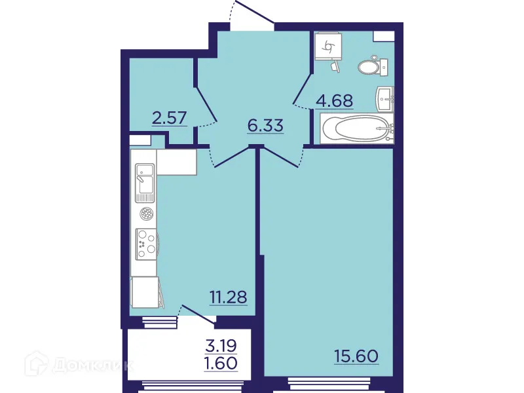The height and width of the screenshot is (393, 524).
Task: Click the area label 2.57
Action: point(170,118)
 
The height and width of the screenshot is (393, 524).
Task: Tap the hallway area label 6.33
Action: point(265,125)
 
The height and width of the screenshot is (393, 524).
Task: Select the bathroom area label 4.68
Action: point(334,101)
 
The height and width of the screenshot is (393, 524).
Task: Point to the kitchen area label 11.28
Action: point(228,297)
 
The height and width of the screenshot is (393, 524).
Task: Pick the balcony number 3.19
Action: point(220,345)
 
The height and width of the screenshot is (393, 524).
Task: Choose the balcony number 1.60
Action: point(220,362)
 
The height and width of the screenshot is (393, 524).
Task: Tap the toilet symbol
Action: point(373,65)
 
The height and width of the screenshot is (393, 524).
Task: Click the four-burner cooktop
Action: point(145,242)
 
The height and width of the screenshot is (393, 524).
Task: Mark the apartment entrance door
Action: point(252,14)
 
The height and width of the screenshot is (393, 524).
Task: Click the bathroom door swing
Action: point(302,92)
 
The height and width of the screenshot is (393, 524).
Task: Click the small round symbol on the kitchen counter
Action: point(145,213)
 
